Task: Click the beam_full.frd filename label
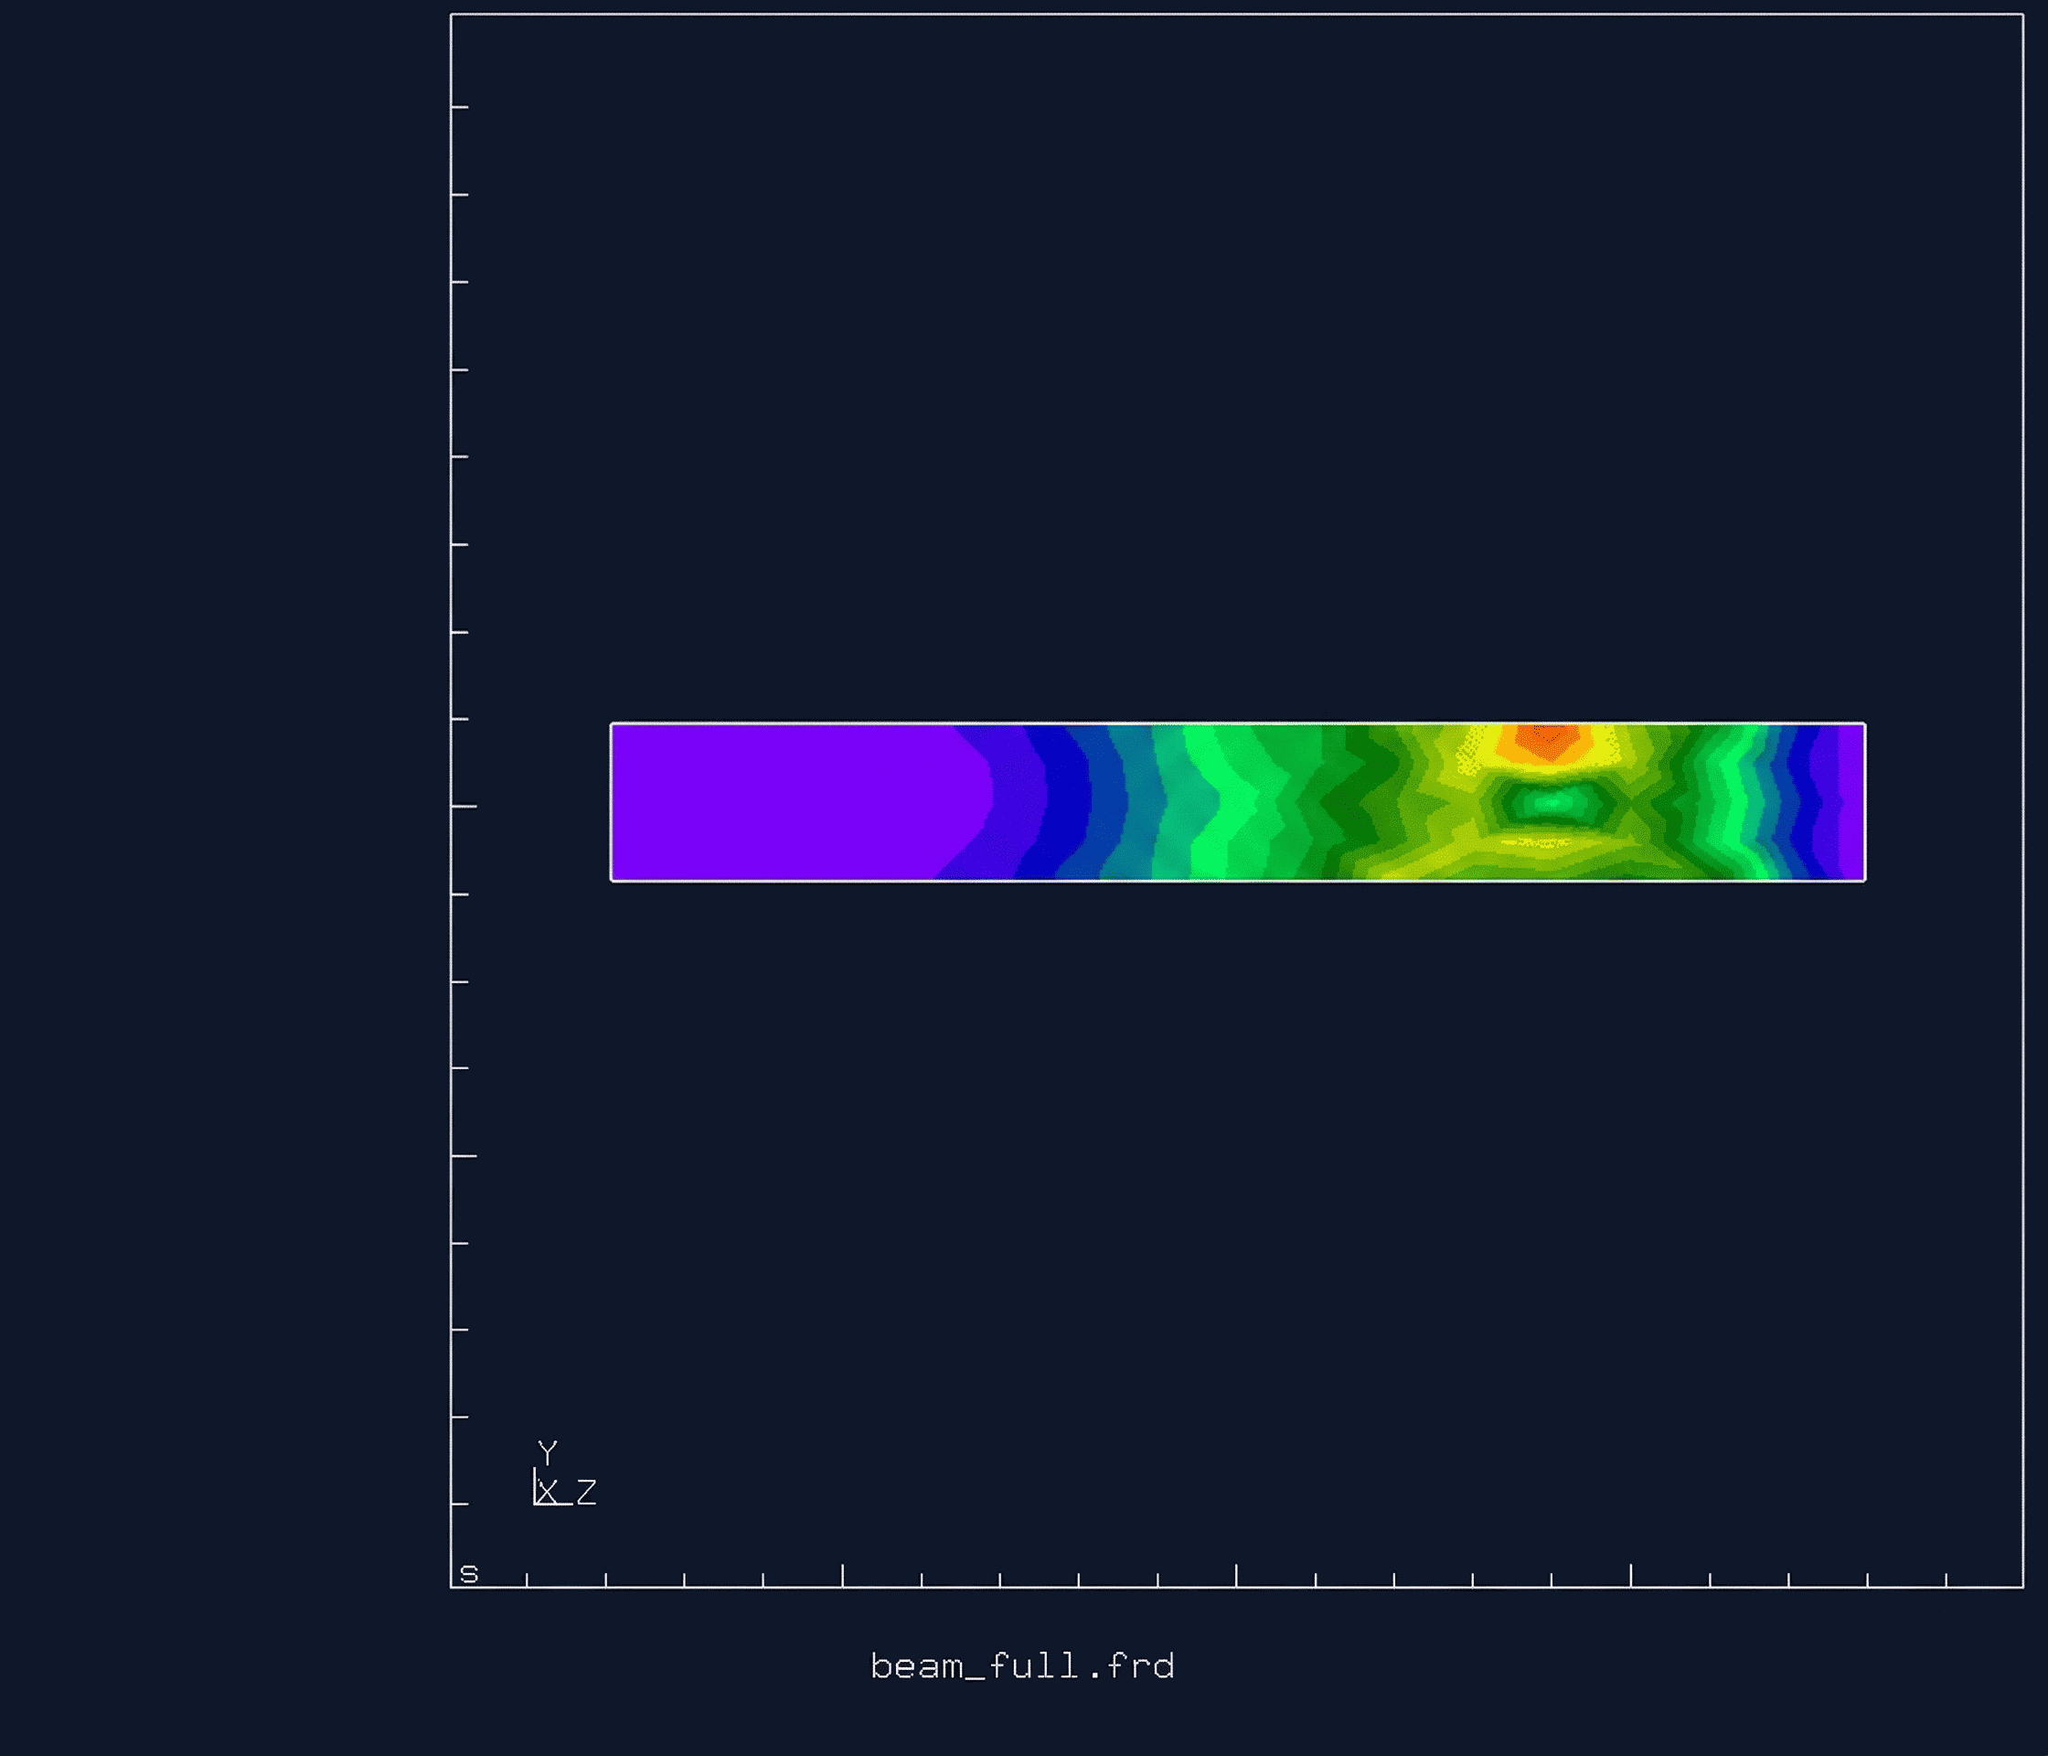(1022, 1666)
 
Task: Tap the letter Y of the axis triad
(548, 1451)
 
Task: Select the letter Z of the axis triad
(586, 1492)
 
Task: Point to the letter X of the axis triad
(548, 1492)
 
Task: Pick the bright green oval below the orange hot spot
(1549, 802)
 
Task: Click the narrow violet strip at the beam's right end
(1851, 802)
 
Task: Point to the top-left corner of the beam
(612, 724)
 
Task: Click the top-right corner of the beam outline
(1864, 724)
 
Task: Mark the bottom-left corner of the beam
(612, 879)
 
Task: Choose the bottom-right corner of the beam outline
(1864, 879)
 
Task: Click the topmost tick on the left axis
(460, 107)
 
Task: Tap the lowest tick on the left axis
(460, 1504)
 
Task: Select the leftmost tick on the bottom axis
(527, 1579)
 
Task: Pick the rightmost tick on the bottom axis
(1947, 1579)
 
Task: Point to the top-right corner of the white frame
(2022, 15)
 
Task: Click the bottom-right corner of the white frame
(2022, 1587)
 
